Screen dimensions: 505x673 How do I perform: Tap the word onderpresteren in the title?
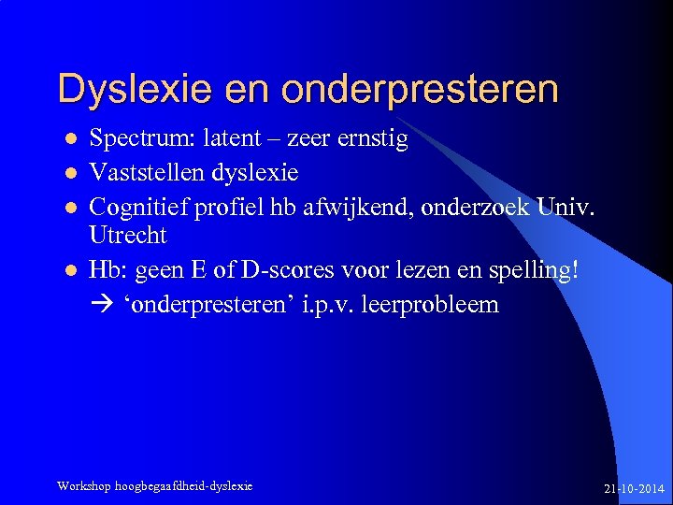(418, 90)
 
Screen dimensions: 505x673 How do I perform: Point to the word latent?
(248, 140)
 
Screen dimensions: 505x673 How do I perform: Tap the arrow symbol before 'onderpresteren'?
(100, 305)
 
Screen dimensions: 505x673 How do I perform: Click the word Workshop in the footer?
(84, 485)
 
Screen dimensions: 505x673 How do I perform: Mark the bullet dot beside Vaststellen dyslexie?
(68, 174)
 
